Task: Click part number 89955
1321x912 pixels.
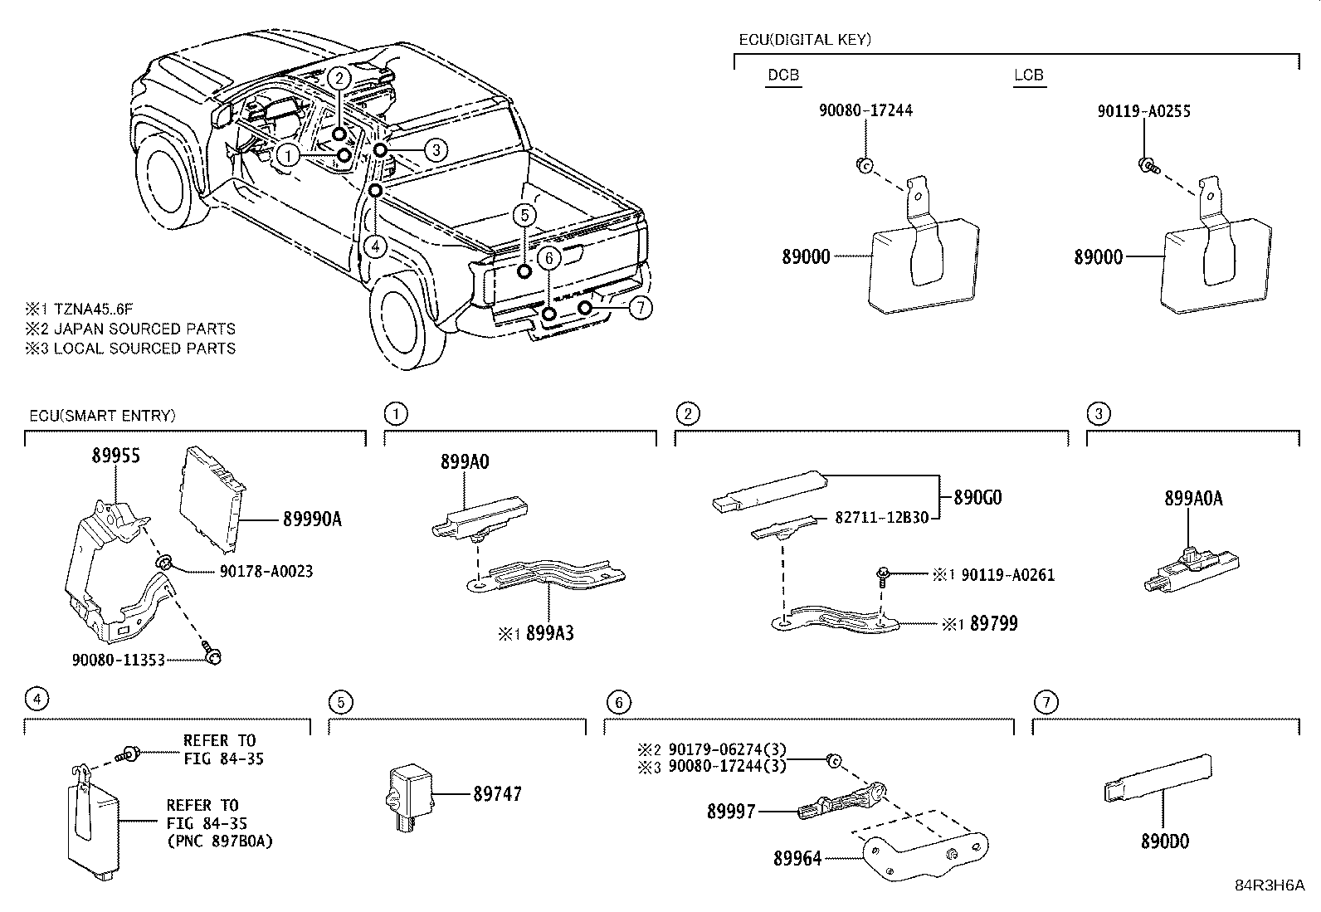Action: (115, 456)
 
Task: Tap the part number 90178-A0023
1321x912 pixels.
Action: (266, 572)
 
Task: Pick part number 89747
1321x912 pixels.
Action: (497, 794)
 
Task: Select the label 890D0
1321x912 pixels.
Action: (1164, 841)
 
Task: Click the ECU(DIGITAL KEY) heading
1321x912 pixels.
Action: (804, 39)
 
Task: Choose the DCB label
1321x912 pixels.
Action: (783, 75)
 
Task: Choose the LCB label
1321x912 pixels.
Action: (1028, 75)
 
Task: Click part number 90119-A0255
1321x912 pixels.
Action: (1143, 111)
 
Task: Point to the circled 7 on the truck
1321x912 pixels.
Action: (640, 308)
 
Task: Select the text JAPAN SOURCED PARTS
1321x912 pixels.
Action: (144, 329)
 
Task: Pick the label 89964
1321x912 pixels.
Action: (797, 860)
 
